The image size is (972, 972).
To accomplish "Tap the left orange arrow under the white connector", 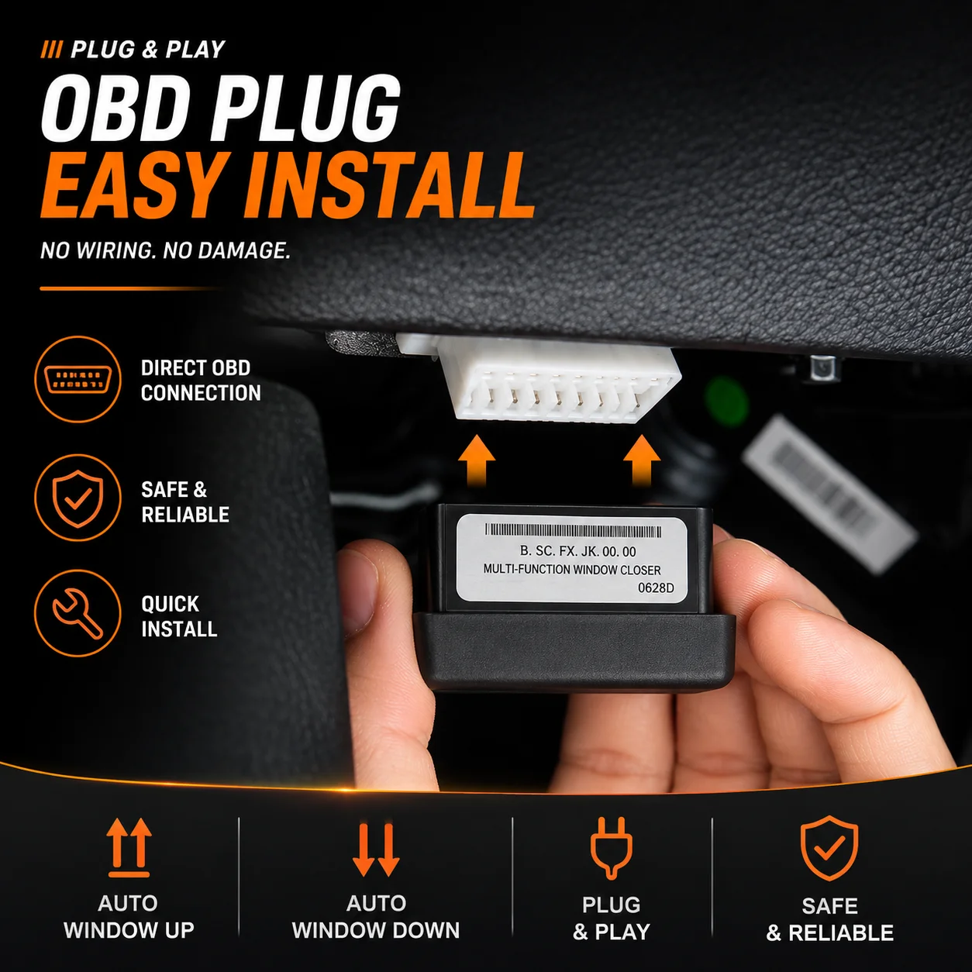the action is coord(477,461).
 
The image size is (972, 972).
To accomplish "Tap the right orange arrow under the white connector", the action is coord(642,461).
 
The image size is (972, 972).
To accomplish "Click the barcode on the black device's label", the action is coord(573,531).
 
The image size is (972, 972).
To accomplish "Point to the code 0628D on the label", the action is coord(656,588).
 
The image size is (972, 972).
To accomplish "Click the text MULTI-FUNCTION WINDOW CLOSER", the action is coord(572,570).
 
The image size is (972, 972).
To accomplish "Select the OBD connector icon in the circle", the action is coord(78,379).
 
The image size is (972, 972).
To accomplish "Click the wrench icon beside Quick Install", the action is coord(78,613).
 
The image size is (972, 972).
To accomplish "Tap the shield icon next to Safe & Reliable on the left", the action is coord(78,498).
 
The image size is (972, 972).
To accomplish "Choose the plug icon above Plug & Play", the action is coord(612,848).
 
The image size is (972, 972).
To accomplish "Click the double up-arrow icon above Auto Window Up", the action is coord(129,847).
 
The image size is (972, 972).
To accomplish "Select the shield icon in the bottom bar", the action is coord(829,849).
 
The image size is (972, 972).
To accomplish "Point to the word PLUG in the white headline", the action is coord(308,108).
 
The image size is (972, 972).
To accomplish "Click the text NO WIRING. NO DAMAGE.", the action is coord(165,250).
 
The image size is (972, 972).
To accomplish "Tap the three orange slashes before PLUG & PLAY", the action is coord(51,50).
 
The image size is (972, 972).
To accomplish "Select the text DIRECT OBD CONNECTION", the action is coord(201,381).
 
